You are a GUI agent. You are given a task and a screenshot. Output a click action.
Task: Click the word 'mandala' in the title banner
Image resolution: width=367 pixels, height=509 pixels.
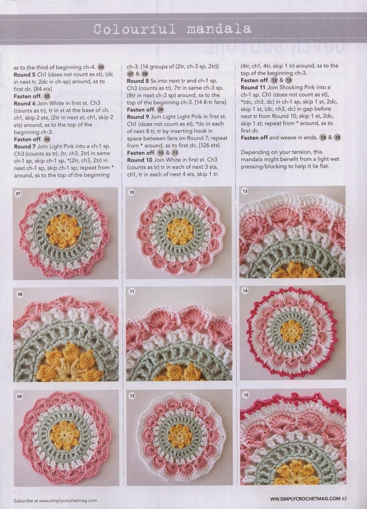pyautogui.click(x=219, y=29)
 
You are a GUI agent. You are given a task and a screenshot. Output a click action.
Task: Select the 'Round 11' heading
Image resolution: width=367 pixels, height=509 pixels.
pyautogui.click(x=253, y=87)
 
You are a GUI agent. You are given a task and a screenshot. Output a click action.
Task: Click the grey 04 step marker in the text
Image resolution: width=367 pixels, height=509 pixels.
pyautogui.click(x=101, y=67)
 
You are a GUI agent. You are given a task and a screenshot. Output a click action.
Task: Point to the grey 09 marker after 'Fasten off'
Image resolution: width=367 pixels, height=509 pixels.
pyautogui.click(x=160, y=109)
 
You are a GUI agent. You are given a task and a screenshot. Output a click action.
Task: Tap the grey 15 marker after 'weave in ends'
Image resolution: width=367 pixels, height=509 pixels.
pyautogui.click(x=337, y=137)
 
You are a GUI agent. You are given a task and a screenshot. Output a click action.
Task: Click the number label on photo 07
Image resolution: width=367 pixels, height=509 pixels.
pyautogui.click(x=18, y=193)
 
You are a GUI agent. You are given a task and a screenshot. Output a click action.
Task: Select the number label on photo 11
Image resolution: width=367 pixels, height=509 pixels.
pyautogui.click(x=132, y=291)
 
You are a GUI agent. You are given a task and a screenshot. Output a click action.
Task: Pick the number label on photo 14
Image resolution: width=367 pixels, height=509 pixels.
pyautogui.click(x=245, y=291)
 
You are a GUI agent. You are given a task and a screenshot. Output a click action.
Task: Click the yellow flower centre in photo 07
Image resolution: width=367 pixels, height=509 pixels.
pyautogui.click(x=63, y=231)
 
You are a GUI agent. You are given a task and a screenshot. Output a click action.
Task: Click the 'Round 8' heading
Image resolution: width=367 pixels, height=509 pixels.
pyautogui.click(x=138, y=81)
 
